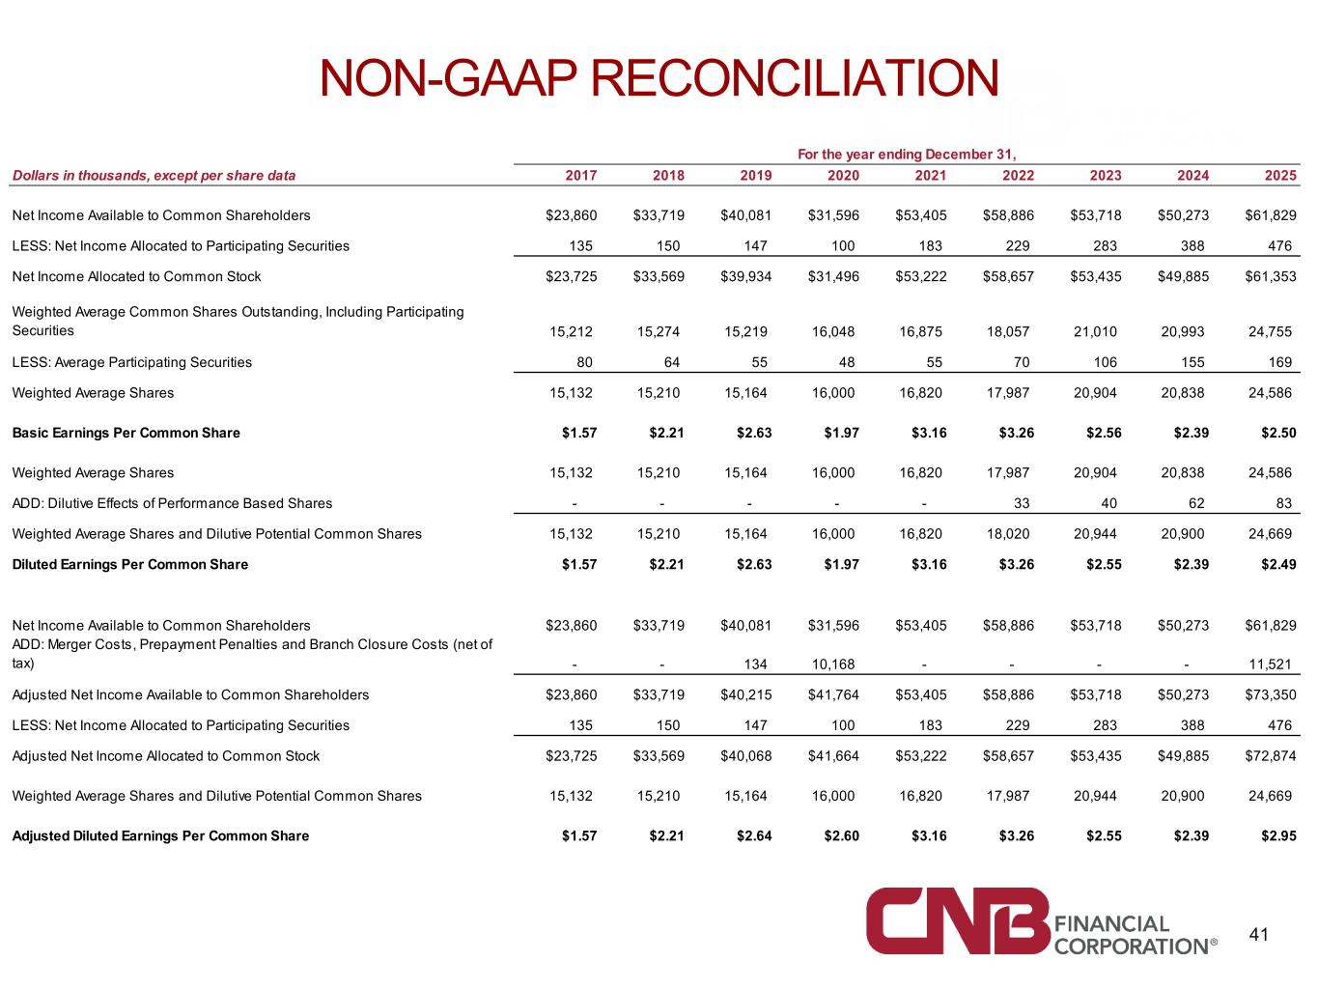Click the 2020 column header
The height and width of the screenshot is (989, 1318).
coord(842,176)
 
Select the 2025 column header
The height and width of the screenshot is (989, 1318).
coord(1279,176)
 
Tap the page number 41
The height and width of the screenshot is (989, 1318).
coord(1258,934)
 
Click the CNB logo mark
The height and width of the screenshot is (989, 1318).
coord(957,920)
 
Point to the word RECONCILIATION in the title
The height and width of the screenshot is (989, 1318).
coord(795,78)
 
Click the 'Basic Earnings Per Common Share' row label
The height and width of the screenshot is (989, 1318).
coord(126,433)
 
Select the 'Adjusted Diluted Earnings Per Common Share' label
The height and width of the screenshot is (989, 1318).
coord(160,835)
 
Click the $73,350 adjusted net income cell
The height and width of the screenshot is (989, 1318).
coord(1270,694)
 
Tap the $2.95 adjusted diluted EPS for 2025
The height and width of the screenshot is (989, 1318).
coord(1278,835)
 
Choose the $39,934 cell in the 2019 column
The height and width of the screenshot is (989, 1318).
coord(745,276)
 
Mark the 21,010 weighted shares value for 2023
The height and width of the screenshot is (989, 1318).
coord(1095,331)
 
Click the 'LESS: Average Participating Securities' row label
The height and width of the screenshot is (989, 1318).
coord(132,362)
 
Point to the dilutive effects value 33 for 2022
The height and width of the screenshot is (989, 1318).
coord(1022,503)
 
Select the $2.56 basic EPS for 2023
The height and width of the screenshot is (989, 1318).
coord(1104,433)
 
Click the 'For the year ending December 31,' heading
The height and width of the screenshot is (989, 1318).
coord(907,155)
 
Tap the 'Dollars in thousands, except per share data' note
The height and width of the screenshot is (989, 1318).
coord(154,176)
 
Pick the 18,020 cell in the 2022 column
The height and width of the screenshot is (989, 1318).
coord(1007,534)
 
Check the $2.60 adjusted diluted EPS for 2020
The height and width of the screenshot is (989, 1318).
coord(841,835)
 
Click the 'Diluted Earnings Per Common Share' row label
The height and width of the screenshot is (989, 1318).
coord(129,564)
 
